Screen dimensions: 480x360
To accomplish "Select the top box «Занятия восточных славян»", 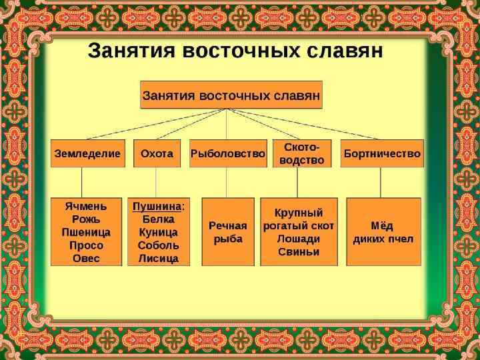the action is point(231,95).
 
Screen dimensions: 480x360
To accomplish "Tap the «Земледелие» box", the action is point(87,153).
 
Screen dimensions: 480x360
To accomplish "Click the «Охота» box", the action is point(157,153).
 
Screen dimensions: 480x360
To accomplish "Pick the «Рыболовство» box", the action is point(227,153).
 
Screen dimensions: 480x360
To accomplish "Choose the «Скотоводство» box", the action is point(302,153).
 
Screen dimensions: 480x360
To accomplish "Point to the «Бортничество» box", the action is point(382,153).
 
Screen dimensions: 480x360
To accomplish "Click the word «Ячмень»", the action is point(86,206).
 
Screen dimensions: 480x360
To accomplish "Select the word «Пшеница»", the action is point(86,232).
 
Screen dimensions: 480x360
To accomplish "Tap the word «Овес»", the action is point(86,258).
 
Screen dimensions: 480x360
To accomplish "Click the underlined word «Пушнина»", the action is point(156,206).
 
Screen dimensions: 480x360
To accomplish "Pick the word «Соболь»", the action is point(159,245).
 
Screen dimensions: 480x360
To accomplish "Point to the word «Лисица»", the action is point(159,258).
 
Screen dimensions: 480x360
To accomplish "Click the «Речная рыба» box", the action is point(227,231).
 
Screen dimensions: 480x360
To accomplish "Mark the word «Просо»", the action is point(86,245).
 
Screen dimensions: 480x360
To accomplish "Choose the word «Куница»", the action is point(159,232).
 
